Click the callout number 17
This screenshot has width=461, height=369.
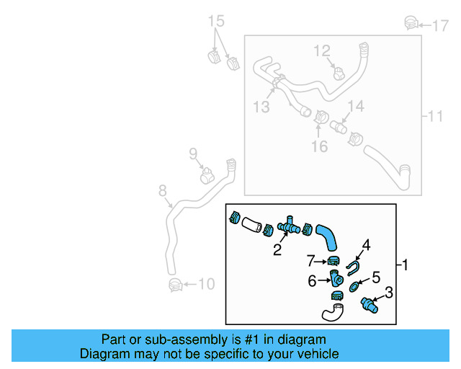pyautogui.click(x=440, y=26)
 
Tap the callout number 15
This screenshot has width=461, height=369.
pyautogui.click(x=218, y=21)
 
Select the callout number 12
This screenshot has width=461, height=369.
pyautogui.click(x=322, y=50)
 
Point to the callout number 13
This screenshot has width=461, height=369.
pyautogui.click(x=261, y=107)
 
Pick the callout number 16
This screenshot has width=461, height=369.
pyautogui.click(x=319, y=146)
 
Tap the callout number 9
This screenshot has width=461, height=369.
pyautogui.click(x=193, y=153)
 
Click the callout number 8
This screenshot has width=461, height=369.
pyautogui.click(x=163, y=191)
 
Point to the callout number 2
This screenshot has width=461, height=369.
pyautogui.click(x=277, y=251)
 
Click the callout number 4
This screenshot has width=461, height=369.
pyautogui.click(x=366, y=245)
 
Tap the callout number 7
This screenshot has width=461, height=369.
pyautogui.click(x=310, y=259)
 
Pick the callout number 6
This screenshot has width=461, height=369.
pyautogui.click(x=312, y=281)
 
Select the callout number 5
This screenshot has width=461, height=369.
pyautogui.click(x=375, y=277)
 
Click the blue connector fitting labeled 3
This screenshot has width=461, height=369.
pyautogui.click(x=370, y=304)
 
